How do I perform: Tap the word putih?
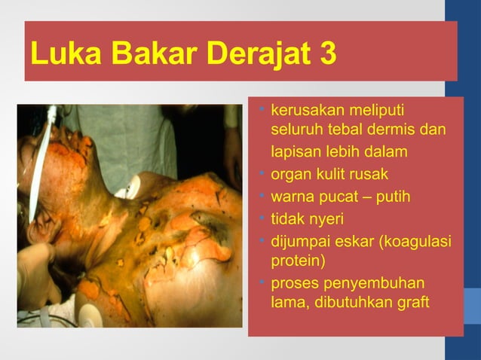[x=393, y=197]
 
